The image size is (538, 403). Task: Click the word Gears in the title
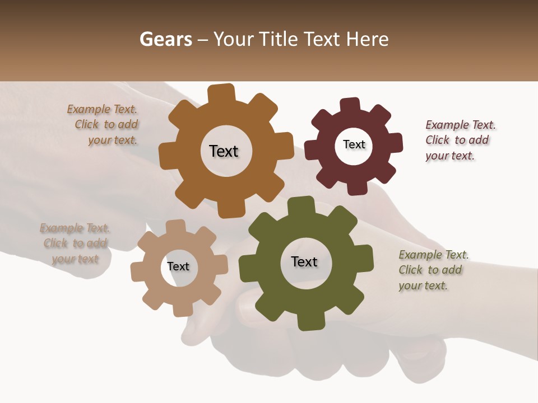tap(165, 39)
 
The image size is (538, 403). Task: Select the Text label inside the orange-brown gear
tap(224, 151)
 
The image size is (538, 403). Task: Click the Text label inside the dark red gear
tap(354, 144)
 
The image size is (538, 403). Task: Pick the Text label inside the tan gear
tap(178, 266)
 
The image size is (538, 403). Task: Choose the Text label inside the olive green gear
tap(304, 261)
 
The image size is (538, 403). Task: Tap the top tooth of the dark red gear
tap(350, 105)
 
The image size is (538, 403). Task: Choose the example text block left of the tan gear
tap(75, 243)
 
